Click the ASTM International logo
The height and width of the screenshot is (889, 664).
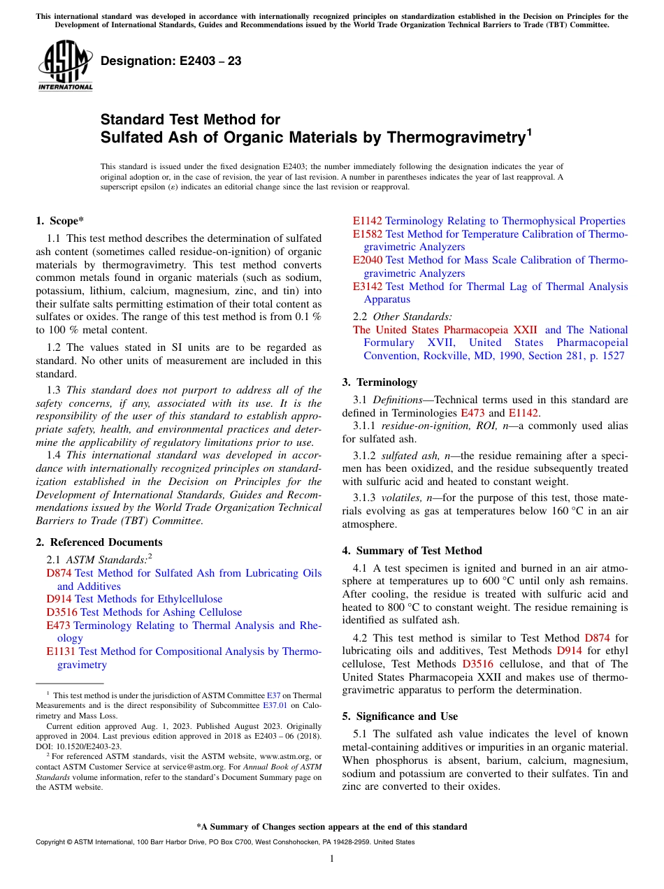pos(64,66)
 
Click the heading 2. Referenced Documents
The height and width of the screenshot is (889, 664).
pos(99,542)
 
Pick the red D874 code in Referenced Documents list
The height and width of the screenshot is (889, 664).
pos(59,573)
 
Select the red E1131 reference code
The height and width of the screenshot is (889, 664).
pos(61,651)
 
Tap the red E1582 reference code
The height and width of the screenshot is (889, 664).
pos(368,234)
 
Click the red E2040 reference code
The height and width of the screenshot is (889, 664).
pos(368,260)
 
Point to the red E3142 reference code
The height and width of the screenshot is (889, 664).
pos(368,287)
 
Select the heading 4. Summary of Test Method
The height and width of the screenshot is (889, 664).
pos(418,551)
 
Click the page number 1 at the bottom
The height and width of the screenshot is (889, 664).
pos(332,859)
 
